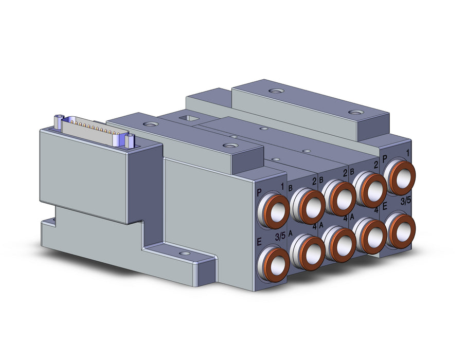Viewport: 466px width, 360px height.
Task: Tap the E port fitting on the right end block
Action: [400, 230]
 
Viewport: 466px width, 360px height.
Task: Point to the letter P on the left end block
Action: [260, 193]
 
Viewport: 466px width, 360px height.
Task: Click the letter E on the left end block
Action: [259, 242]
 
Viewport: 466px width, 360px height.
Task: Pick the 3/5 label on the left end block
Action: [280, 237]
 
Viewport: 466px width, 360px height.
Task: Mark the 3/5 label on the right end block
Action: [406, 201]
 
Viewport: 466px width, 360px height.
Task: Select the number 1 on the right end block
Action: [407, 153]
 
